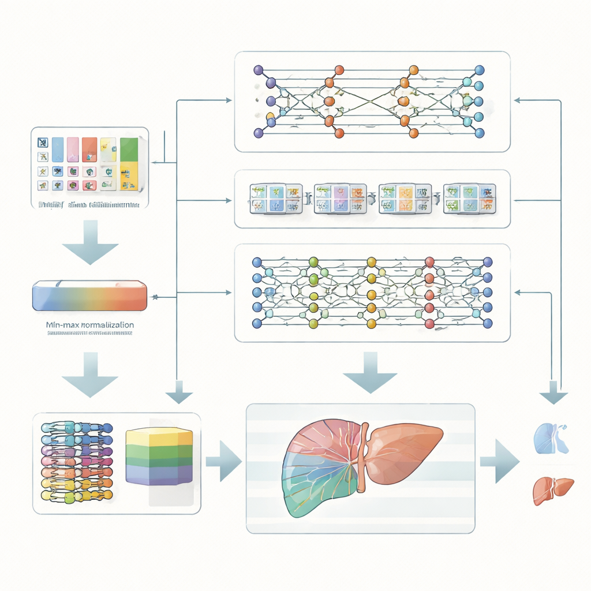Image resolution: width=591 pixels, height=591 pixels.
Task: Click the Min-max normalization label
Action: pyautogui.click(x=89, y=325)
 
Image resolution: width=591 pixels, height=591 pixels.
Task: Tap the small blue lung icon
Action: pyautogui.click(x=549, y=436)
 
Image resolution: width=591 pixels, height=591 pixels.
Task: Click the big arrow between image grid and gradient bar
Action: pyautogui.click(x=89, y=243)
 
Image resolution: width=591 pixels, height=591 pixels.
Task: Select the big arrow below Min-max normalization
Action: pyautogui.click(x=89, y=376)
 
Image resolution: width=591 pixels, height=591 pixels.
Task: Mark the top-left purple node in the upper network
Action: pyautogui.click(x=258, y=70)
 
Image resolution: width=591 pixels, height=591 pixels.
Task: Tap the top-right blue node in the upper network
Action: pyautogui.click(x=479, y=70)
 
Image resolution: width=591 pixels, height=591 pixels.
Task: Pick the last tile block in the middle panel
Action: pyautogui.click(x=469, y=199)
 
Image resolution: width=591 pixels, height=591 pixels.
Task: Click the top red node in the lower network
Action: pyautogui.click(x=429, y=261)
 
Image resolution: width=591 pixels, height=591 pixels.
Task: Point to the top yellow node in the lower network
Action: pyautogui.click(x=372, y=261)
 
